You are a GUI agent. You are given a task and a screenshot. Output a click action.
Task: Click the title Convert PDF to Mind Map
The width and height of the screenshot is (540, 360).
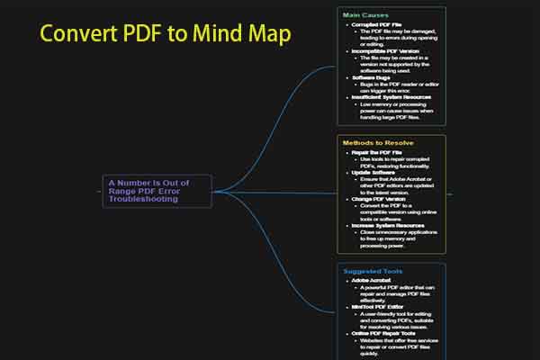click(166, 35)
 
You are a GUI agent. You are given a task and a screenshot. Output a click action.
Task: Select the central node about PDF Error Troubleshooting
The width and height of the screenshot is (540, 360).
click(158, 190)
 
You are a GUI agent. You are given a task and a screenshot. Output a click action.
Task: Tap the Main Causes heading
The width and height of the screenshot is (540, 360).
click(364, 15)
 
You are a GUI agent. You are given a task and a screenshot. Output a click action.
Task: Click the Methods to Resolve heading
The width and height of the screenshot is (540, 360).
click(377, 142)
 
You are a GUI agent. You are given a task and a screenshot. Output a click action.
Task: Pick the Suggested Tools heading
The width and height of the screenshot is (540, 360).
click(373, 271)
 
